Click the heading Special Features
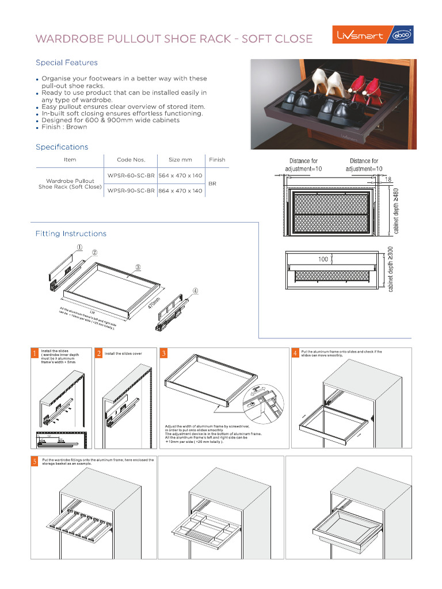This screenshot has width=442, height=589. (67, 63)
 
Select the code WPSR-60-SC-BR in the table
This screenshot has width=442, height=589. (131, 175)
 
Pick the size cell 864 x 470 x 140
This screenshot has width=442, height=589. (180, 190)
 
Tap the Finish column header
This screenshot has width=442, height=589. (217, 159)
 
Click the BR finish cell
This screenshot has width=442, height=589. (212, 183)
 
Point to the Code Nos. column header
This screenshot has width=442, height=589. (131, 159)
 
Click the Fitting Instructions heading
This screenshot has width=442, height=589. (71, 234)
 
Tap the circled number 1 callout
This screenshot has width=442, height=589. (79, 247)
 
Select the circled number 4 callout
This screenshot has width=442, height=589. (196, 290)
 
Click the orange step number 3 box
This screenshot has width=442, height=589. (164, 353)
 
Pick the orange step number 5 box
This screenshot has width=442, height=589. (35, 462)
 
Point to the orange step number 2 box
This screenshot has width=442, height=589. (99, 353)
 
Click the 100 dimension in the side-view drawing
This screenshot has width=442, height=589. (323, 259)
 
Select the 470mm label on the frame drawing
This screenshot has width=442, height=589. (154, 303)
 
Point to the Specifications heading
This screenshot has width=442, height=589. (62, 147)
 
